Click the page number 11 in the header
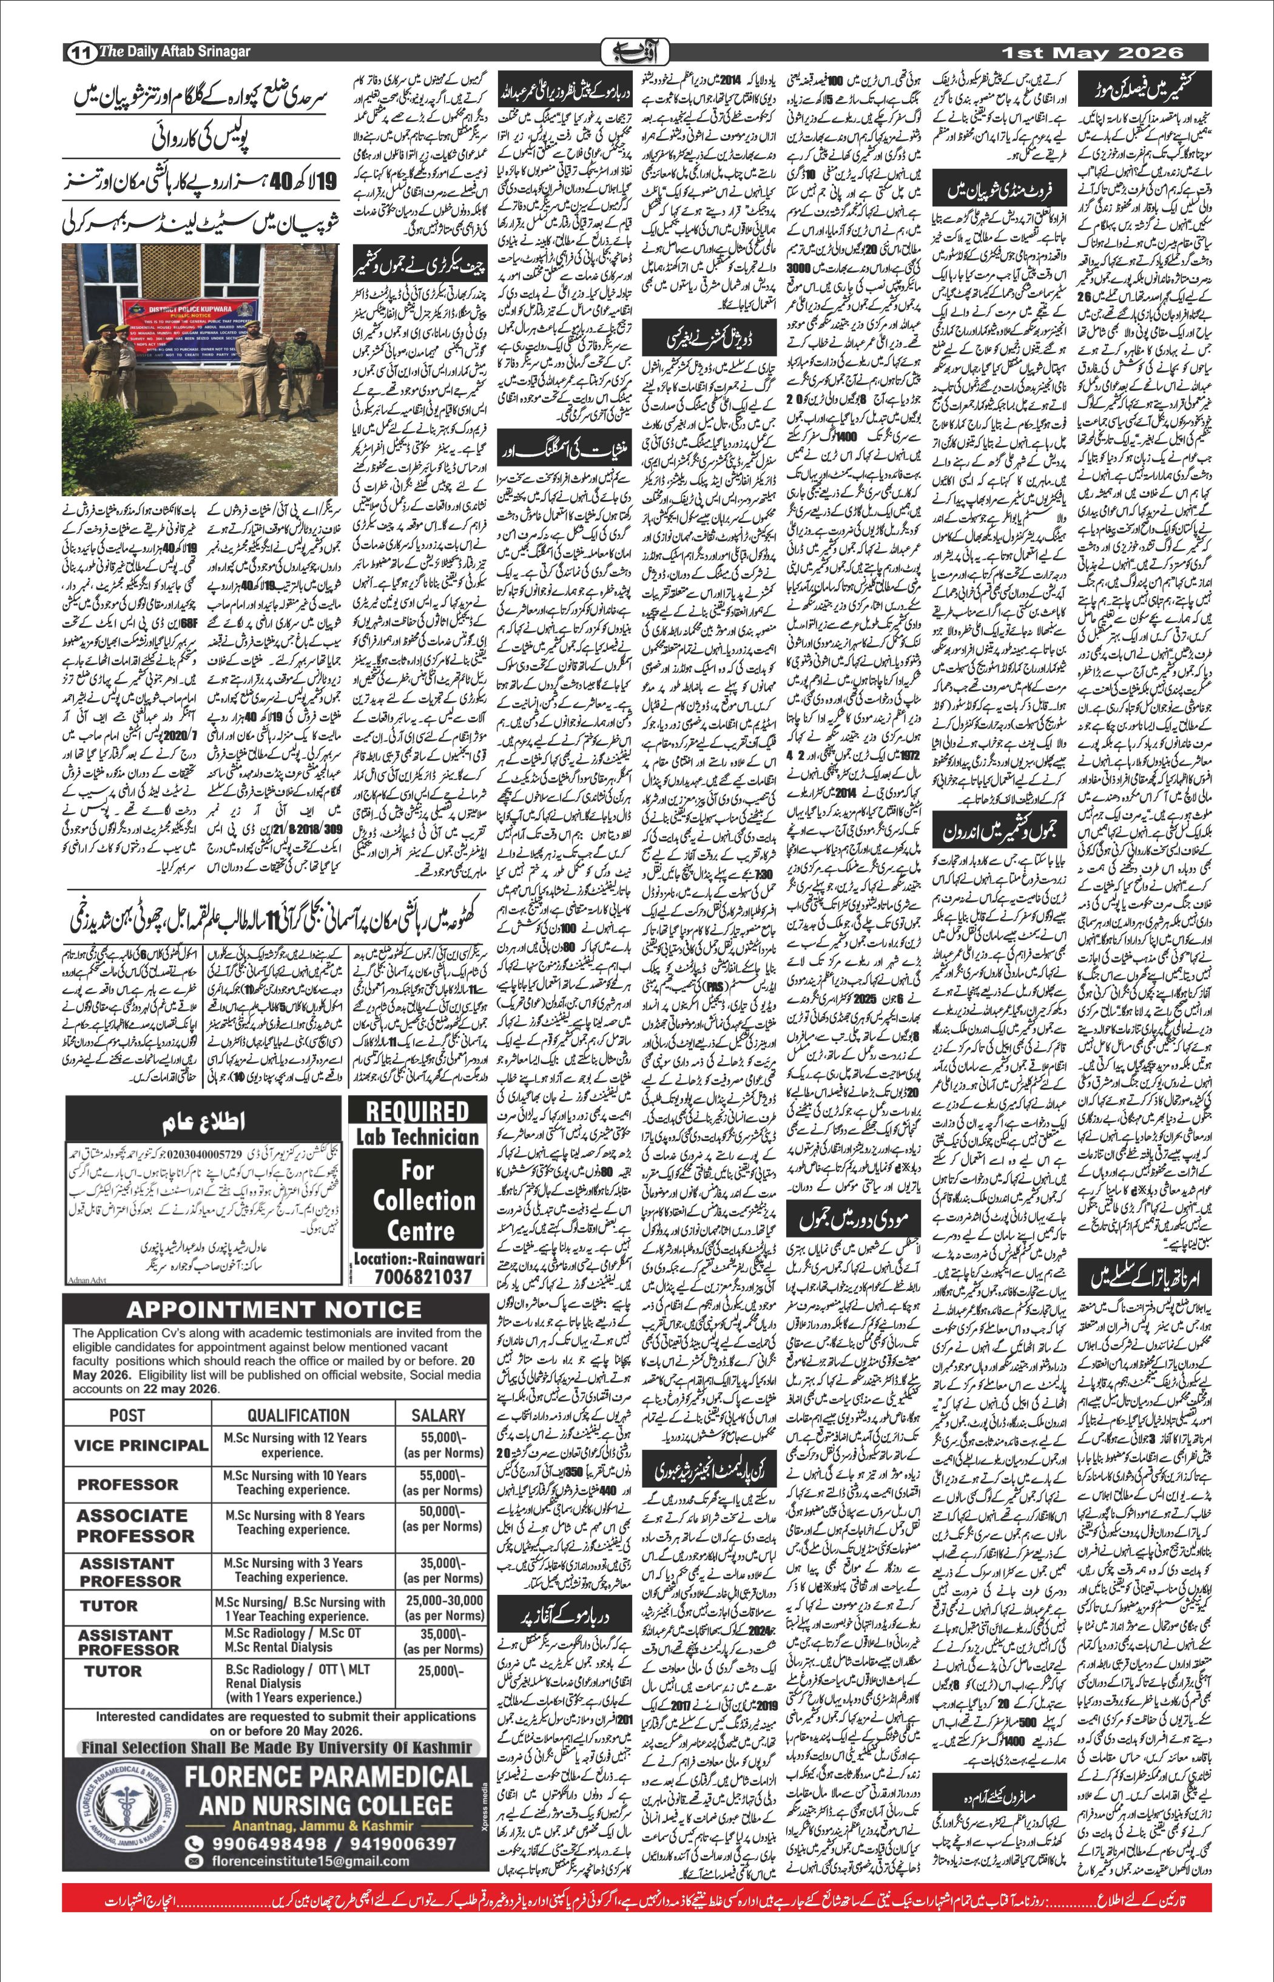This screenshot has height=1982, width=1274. tap(79, 52)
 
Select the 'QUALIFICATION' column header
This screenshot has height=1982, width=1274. tap(298, 1415)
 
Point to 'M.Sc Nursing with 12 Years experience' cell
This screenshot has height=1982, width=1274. tap(294, 1445)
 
